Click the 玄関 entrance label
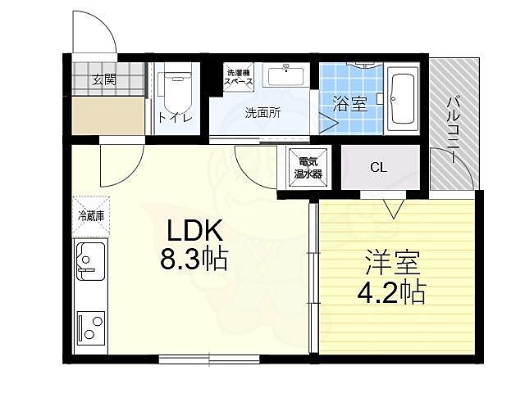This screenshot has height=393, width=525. click(104, 80)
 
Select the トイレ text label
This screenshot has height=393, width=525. click(175, 118)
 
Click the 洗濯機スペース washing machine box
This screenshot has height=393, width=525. click(239, 77)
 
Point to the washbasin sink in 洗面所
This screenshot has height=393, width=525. click(286, 76)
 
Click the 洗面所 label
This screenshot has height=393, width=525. click(262, 113)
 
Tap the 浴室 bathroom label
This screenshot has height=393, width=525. click(349, 104)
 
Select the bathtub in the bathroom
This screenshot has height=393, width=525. click(403, 99)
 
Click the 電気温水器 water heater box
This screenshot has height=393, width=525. click(308, 167)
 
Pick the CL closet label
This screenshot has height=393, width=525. click(379, 167)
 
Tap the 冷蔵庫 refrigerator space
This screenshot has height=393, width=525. click(91, 216)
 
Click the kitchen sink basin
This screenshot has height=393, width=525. click(90, 261)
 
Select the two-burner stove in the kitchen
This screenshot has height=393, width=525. click(91, 328)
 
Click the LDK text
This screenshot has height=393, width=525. click(195, 231)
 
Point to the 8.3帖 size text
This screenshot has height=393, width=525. click(194, 259)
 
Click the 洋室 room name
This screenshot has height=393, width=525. click(392, 262)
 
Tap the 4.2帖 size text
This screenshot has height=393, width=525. click(392, 291)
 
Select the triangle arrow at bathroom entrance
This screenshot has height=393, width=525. click(328, 124)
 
